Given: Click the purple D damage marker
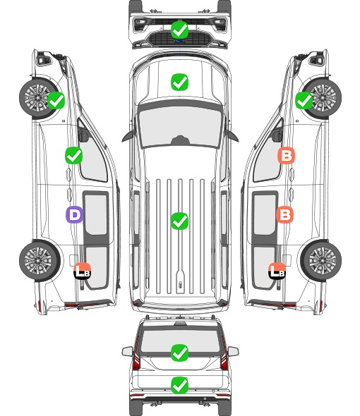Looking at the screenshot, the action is point(74,214).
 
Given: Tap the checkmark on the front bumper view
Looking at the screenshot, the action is point(179,30).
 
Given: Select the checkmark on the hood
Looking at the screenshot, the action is point(179,82).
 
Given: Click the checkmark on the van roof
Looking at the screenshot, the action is point(179,221).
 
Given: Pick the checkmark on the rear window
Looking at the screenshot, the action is point(179,353).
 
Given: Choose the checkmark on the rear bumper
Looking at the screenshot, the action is point(179,385).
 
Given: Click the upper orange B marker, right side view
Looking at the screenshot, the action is point(286,156).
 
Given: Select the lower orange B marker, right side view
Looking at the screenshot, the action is point(284,214).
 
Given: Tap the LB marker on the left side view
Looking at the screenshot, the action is point(83,271).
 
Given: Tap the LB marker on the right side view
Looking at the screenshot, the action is point(277,271).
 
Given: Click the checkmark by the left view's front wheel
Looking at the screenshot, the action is point(56,100).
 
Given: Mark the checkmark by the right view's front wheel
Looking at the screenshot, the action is point(304,100).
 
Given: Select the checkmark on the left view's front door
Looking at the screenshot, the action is point(74,155).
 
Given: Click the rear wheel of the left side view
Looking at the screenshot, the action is point(40,261).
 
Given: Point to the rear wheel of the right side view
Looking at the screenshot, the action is point(321,261).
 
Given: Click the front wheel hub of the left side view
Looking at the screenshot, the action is point(37,97).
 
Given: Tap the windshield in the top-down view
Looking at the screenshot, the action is point(180,126).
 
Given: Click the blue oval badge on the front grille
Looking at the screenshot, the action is point(179,41).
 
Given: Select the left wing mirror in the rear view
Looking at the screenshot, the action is point(127,351).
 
